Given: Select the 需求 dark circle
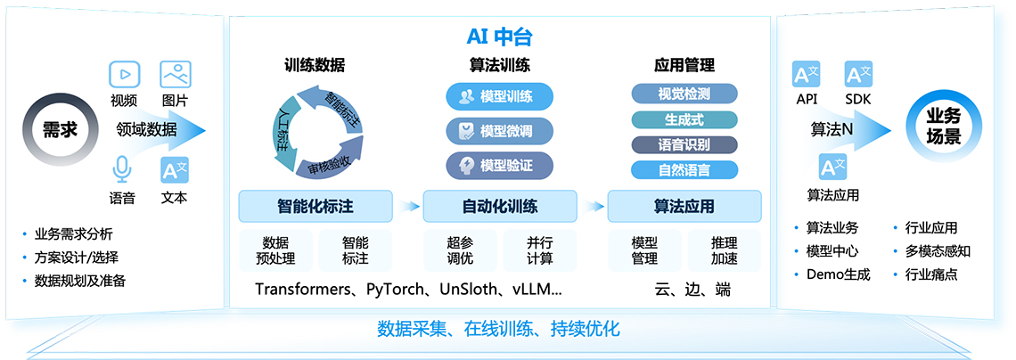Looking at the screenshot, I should pyautogui.click(x=60, y=129).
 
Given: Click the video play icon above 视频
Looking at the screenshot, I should pyautogui.click(x=124, y=74).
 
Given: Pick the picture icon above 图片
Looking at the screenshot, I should pyautogui.click(x=175, y=74).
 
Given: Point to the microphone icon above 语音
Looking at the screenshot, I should pyautogui.click(x=122, y=169).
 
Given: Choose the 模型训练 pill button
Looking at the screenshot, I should pyautogui.click(x=499, y=96).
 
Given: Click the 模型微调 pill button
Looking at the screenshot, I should pyautogui.click(x=499, y=131).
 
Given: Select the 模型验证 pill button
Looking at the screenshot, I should pyautogui.click(x=499, y=165).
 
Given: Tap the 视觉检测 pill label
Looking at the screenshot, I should pyautogui.click(x=684, y=94).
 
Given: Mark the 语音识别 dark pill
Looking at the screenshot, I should pyautogui.click(x=684, y=144).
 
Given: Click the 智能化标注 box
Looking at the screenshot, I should pyautogui.click(x=315, y=207).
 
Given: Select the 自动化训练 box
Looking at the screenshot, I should pyautogui.click(x=499, y=207).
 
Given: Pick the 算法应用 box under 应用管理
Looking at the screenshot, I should pyautogui.click(x=684, y=207).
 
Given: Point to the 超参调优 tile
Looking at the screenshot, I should pyautogui.click(x=461, y=250).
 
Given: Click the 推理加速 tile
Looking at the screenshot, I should pyautogui.click(x=724, y=250).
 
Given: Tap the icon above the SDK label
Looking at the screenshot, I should pyautogui.click(x=859, y=74).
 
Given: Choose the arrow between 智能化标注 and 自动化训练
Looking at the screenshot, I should pyautogui.click(x=409, y=207).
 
